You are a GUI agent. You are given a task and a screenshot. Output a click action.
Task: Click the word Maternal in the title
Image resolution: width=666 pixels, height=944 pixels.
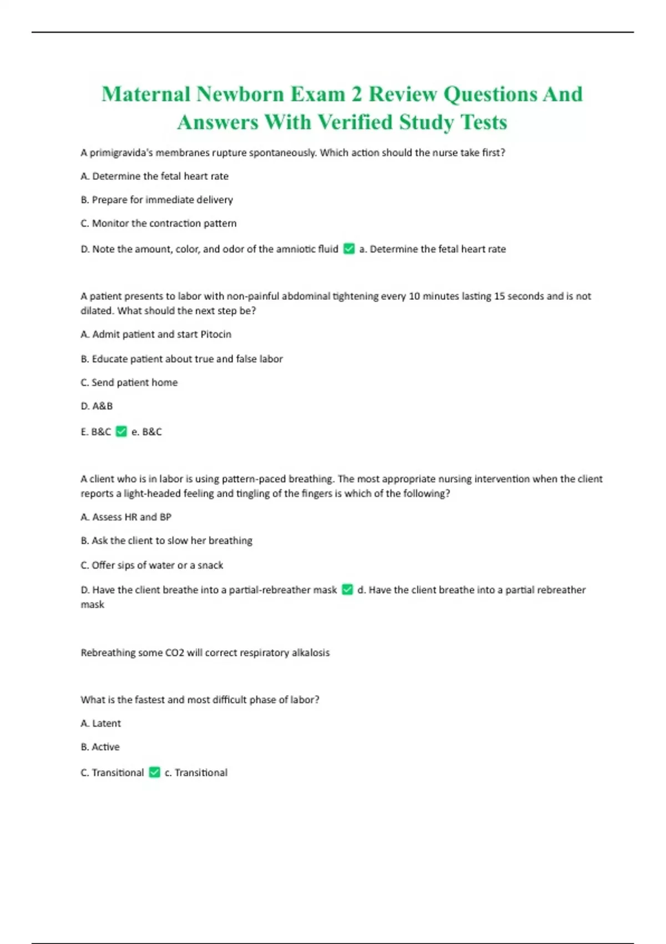coord(146,94)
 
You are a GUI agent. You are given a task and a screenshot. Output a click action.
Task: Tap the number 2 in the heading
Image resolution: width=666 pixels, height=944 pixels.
coord(356,94)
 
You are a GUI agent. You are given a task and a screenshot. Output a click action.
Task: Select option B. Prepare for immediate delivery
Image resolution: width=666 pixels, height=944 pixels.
coord(157,200)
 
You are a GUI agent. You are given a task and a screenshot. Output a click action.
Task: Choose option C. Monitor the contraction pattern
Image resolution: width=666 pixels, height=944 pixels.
coord(158,223)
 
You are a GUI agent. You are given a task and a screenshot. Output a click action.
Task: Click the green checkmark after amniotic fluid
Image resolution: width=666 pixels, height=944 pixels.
coord(349,249)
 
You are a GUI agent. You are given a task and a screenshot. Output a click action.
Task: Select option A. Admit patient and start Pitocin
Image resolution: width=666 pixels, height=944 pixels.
coord(155,334)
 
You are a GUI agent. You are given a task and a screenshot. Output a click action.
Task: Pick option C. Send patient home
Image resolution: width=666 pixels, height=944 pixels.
coord(129,383)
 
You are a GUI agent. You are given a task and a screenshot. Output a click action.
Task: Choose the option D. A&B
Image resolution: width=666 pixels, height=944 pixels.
coord(97,406)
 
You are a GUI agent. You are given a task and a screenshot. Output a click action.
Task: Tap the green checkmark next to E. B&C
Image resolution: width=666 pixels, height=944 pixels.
coord(122,431)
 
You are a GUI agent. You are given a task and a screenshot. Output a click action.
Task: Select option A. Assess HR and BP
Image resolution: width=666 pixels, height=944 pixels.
coord(126,517)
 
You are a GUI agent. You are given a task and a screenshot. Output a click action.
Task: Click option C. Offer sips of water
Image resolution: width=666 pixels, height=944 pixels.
coord(152,565)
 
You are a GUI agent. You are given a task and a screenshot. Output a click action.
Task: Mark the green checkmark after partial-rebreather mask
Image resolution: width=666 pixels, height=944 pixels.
coord(347,590)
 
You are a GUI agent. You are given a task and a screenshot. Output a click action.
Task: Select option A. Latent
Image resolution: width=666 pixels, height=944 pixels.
coord(100,724)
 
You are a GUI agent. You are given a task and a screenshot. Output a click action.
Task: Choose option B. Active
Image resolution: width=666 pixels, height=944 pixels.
coord(100,747)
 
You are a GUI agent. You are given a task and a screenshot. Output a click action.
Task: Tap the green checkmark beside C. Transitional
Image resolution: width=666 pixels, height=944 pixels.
coord(155,772)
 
